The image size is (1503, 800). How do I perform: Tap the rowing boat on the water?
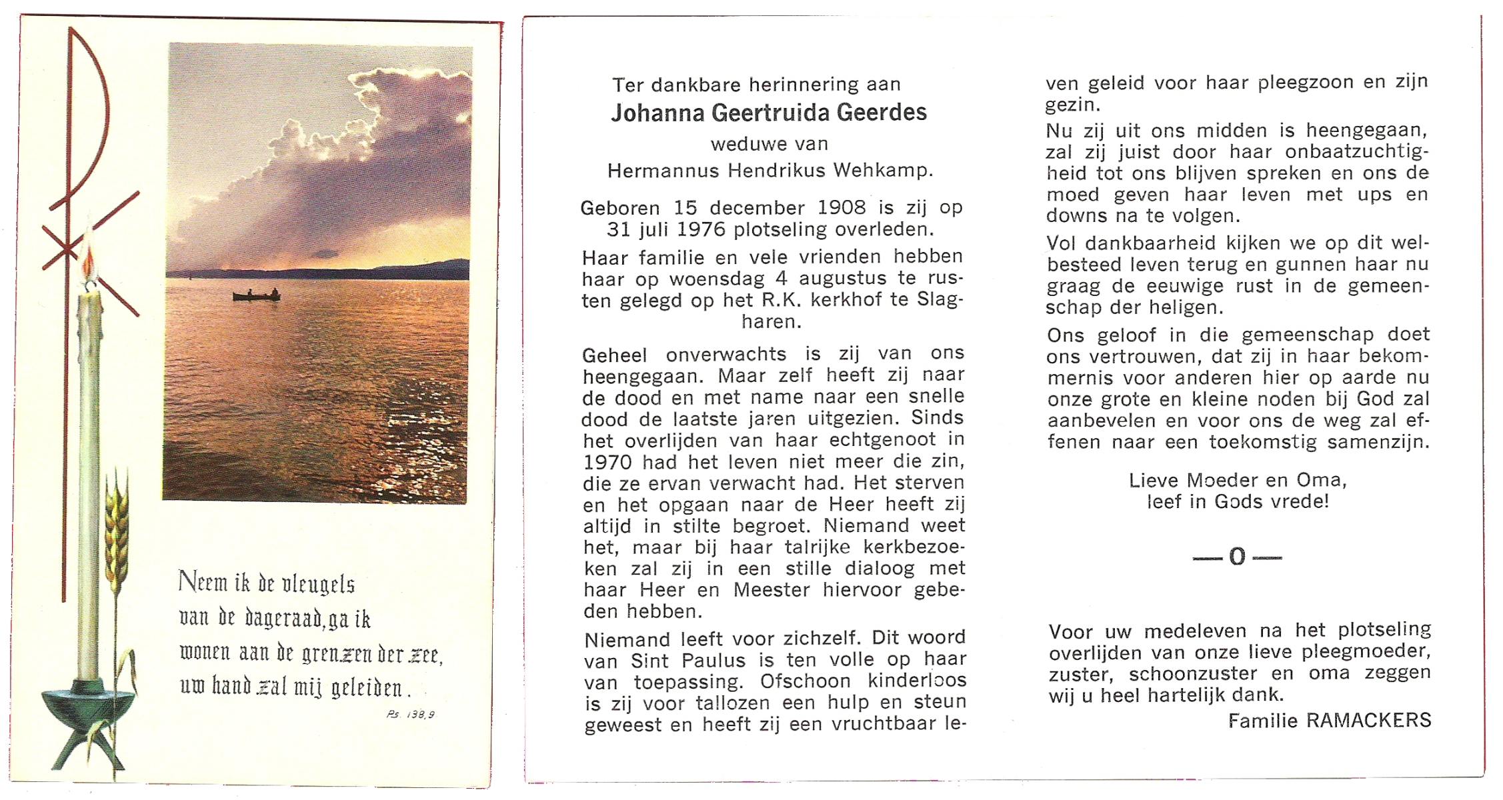click(x=257, y=295)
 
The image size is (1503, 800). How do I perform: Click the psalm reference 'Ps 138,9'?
click(x=410, y=715)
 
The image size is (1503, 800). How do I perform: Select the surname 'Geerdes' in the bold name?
click(x=882, y=113)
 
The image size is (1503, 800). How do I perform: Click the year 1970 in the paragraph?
click(x=607, y=462)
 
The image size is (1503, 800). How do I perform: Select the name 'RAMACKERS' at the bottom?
click(x=1368, y=721)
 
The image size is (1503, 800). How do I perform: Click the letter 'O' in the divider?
click(x=1237, y=557)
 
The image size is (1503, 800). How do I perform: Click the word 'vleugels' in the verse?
click(x=317, y=584)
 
